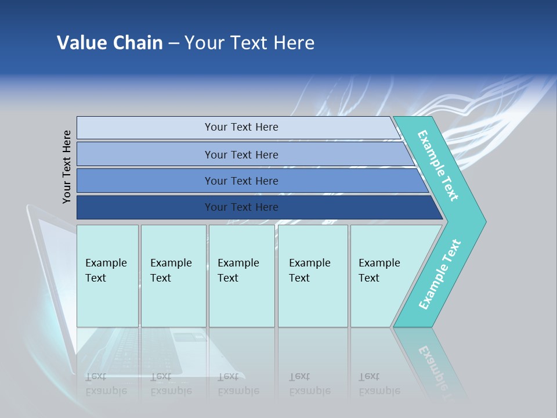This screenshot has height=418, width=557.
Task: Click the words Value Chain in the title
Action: tap(110, 43)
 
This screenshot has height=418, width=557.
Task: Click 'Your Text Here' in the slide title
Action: tap(249, 43)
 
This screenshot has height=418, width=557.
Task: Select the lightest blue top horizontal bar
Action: tap(145, 128)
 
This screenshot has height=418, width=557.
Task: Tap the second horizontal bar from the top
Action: tap(145, 154)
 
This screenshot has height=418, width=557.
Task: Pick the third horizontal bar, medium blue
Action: tap(145, 181)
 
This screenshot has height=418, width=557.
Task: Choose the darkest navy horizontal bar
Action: tap(145, 207)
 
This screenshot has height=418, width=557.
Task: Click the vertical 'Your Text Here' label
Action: tap(67, 167)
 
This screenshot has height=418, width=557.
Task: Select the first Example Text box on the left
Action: tap(107, 276)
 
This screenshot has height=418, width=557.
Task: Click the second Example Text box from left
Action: tap(173, 276)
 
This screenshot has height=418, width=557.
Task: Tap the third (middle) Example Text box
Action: tap(241, 276)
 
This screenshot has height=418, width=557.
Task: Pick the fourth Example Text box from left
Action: tap(313, 276)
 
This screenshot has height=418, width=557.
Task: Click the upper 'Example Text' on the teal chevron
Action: tap(438, 165)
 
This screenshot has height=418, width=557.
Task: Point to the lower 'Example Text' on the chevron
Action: tap(439, 275)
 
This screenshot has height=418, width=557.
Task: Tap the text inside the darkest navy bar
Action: tap(241, 207)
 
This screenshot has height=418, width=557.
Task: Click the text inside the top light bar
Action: tap(241, 127)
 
